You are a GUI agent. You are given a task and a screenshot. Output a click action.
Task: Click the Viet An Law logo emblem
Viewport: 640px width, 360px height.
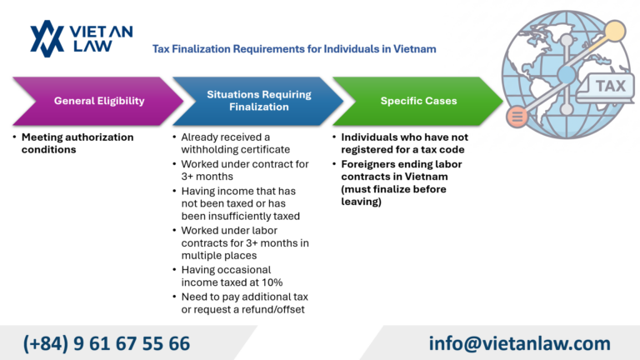point(47,37)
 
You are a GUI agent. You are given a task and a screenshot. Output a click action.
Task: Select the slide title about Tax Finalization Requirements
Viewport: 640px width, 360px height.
point(293,49)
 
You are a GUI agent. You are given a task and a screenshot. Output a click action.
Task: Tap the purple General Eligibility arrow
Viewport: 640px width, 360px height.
point(98,101)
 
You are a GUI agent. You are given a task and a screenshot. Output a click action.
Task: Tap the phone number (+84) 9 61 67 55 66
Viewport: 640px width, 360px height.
point(107,342)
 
